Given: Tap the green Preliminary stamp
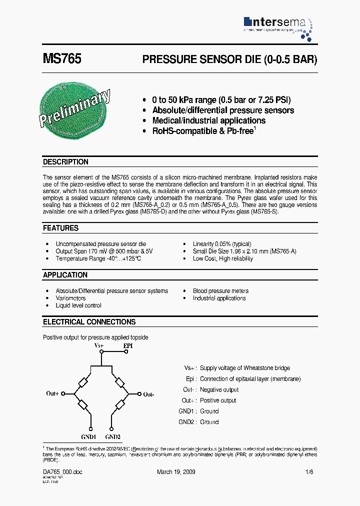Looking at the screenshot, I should [x=74, y=107].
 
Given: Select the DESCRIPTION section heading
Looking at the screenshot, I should [x=65, y=162].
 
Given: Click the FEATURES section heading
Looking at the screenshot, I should [x=60, y=228].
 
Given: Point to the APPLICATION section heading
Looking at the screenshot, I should [x=65, y=275].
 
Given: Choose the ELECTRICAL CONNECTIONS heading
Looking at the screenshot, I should [x=89, y=322].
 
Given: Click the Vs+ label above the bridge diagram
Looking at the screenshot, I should [x=99, y=345].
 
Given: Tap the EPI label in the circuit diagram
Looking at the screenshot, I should [x=128, y=345].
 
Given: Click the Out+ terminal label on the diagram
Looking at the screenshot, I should [x=53, y=393].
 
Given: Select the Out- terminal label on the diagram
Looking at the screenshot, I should [x=148, y=394].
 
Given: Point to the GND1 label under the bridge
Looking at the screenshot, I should [x=88, y=436].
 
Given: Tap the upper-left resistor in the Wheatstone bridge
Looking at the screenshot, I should [x=83, y=382].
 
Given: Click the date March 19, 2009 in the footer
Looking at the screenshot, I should [x=176, y=472].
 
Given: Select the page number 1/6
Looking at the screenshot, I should [x=309, y=472].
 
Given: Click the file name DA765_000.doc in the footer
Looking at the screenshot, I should [x=62, y=472].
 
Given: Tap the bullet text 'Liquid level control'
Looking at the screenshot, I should [x=78, y=305].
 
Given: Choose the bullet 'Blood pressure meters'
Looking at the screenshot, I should [x=220, y=291].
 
